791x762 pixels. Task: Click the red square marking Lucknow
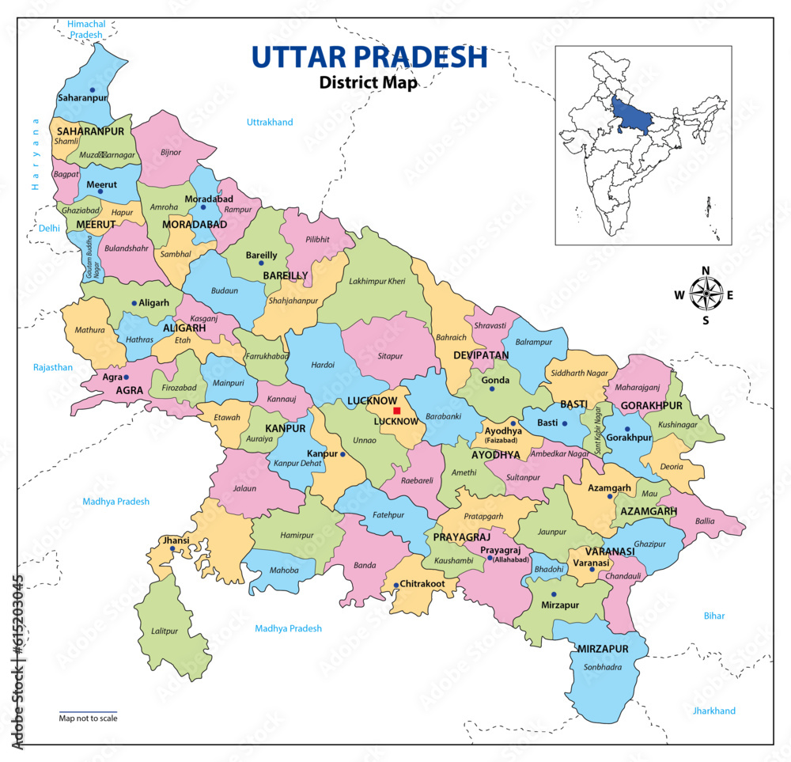coord(396,411)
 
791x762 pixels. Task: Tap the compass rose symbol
coord(703,295)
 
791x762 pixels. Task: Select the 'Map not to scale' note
coord(88,718)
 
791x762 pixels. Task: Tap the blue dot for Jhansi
coord(172,548)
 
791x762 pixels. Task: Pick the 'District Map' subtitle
coord(368,82)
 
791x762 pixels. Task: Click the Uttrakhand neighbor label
coord(270,122)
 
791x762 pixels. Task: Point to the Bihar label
coord(714,616)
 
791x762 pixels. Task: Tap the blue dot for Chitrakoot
coord(395,586)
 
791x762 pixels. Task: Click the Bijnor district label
coord(171,151)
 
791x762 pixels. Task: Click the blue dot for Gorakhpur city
coord(627,429)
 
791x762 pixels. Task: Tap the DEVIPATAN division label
coord(481,355)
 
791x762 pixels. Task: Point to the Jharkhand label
coord(713,711)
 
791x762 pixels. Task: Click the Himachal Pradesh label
coord(86,30)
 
